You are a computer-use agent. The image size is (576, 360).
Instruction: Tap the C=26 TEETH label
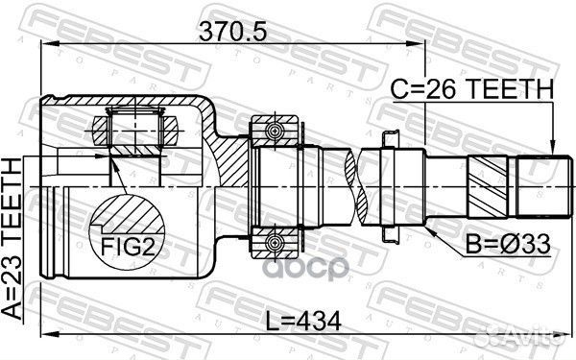coord(471,90)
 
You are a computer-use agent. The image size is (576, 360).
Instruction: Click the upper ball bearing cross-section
coord(276,132)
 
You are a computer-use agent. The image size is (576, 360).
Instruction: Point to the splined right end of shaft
coord(535,183)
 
